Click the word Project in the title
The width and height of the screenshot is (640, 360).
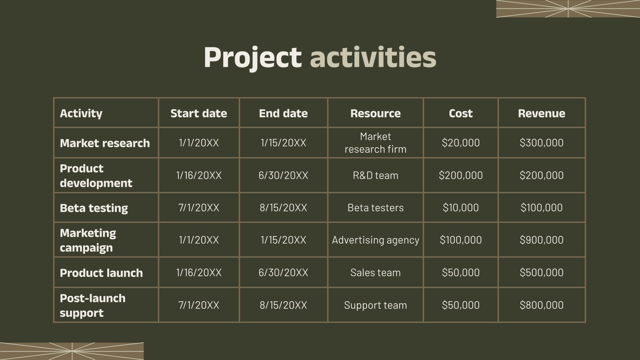(x=252, y=57)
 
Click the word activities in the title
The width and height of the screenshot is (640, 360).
(x=373, y=57)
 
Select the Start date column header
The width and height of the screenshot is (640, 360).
(x=198, y=113)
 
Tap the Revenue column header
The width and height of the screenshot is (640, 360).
(x=541, y=113)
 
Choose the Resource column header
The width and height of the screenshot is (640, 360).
(x=375, y=113)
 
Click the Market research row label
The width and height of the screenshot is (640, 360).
(x=105, y=143)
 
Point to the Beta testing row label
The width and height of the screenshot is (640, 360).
(x=94, y=208)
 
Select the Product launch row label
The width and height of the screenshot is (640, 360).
(x=101, y=273)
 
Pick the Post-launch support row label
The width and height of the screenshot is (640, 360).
(x=92, y=305)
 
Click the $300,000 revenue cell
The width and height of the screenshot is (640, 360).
(x=541, y=143)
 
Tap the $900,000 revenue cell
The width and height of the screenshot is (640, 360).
(x=541, y=240)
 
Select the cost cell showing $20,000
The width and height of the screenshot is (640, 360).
(x=460, y=143)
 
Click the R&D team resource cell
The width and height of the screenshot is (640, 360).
(x=375, y=175)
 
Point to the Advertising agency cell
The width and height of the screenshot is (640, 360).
(x=375, y=240)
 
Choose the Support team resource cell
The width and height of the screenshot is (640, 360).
(x=375, y=305)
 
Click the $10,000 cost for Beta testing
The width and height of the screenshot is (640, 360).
(x=460, y=208)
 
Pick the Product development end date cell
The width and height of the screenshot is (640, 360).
(x=283, y=175)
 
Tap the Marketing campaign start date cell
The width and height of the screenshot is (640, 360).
(x=198, y=240)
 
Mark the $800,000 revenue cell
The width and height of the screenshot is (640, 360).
(x=541, y=305)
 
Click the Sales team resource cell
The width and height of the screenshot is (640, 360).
(x=375, y=273)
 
